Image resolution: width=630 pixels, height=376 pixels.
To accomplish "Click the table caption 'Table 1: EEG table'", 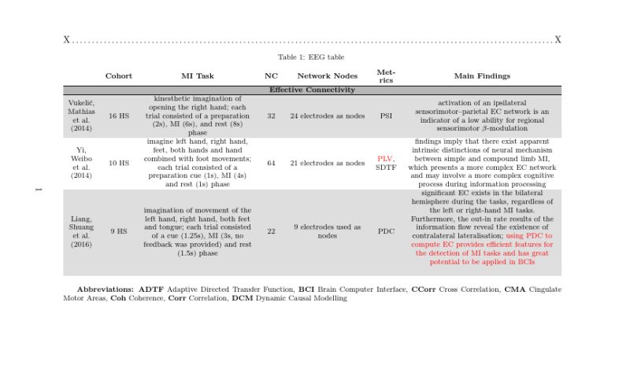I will click(311, 57).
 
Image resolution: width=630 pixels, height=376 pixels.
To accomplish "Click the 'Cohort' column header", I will click(119, 76).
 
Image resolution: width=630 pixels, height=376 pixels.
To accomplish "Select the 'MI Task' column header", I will click(198, 76).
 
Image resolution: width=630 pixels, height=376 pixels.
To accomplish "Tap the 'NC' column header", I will click(271, 76).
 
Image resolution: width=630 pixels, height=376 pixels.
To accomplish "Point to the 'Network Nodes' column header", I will click(327, 76).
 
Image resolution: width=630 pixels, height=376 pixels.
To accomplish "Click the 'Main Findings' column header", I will click(482, 76).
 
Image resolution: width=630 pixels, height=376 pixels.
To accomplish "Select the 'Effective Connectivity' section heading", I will click(312, 90).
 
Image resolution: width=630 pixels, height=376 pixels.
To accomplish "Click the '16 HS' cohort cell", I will click(119, 116).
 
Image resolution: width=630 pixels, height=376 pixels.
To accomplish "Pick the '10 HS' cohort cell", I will click(119, 164).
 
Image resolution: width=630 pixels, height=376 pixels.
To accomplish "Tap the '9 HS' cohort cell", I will click(119, 232).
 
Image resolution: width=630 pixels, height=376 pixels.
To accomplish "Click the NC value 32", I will click(271, 116).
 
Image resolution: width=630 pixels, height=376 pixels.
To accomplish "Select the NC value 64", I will click(271, 164).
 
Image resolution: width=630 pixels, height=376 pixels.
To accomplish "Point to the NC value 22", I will click(271, 232).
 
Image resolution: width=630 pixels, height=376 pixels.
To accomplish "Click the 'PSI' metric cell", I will click(386, 116).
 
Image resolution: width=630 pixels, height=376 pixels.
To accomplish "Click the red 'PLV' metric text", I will click(384, 159).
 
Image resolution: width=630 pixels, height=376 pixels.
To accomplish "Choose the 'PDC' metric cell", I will click(386, 232).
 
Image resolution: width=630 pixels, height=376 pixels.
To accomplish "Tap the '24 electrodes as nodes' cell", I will click(327, 116).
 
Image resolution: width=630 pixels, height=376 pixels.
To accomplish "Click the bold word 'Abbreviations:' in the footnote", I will click(106, 289).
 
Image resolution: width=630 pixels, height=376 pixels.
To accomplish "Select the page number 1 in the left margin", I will click(36, 189).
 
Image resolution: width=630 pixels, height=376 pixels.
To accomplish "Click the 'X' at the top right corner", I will click(558, 40).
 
